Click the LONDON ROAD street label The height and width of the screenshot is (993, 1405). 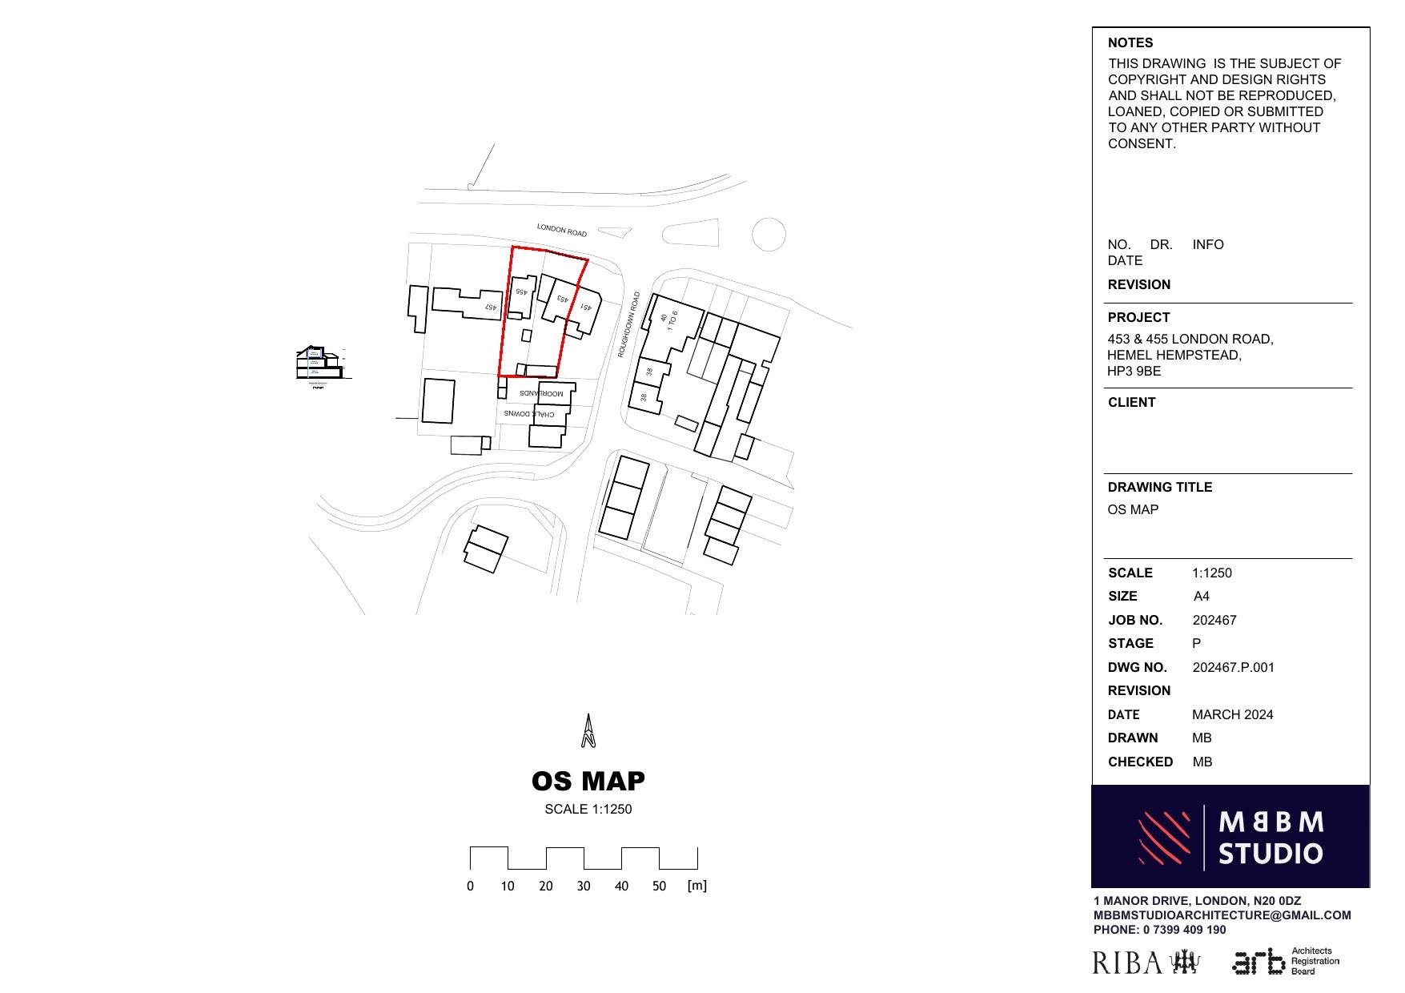point(561,231)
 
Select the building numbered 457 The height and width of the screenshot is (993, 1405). point(468,304)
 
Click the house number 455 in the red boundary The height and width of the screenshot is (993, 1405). point(520,292)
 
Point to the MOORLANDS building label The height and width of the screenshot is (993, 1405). point(541,393)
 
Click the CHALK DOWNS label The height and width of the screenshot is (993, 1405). point(529,414)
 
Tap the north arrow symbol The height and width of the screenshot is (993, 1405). point(588,730)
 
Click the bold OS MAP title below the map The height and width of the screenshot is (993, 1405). point(588,781)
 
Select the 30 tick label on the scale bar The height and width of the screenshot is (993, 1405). point(584,886)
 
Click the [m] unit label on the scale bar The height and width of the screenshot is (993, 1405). point(696,885)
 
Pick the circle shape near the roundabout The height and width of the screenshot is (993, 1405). point(769,235)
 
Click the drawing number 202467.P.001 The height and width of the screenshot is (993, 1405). point(1233,667)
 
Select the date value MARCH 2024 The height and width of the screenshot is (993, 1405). point(1232,714)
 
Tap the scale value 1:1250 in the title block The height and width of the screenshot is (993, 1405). point(1211,573)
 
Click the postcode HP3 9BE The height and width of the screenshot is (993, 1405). point(1134,371)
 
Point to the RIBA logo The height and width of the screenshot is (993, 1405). point(1146,963)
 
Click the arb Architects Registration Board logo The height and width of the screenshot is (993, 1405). point(1285,961)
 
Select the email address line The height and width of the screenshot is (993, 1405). point(1222,915)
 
